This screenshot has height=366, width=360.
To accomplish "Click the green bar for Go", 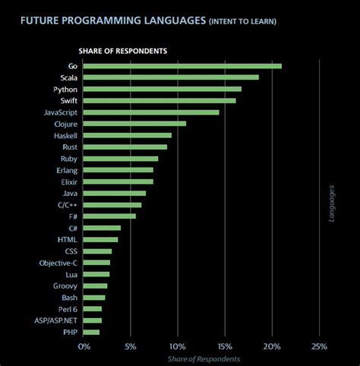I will pos(182,66).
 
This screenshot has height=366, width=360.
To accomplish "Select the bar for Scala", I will pos(171,77).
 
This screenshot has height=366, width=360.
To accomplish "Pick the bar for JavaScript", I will pos(151,112).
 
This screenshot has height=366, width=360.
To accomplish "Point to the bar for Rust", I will pos(125,147).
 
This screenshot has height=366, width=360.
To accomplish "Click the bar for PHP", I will pos(91,332).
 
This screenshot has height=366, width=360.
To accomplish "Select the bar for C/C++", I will pos(112,205).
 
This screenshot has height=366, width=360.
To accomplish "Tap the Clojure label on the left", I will pos(65,124).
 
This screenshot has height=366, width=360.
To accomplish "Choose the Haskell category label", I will pos(65,135).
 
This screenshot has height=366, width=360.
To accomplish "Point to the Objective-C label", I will pos(58,263).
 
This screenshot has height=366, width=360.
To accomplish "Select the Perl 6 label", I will pos(67,309).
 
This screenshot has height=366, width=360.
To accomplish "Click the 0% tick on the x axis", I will pos(84,347).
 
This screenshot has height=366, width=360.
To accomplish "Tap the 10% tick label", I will pos(178,347).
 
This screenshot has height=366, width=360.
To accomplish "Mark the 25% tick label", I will pos(319,347).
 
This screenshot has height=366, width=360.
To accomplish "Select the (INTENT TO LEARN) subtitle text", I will pos(242,21).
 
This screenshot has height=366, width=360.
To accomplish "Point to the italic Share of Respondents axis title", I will pos(204,358).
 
